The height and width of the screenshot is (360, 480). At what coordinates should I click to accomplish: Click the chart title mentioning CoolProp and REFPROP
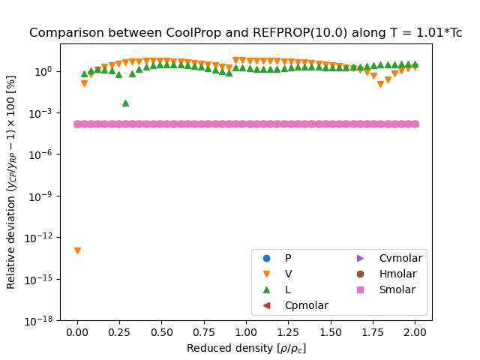click(x=245, y=33)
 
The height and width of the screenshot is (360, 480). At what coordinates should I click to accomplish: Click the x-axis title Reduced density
click(x=246, y=348)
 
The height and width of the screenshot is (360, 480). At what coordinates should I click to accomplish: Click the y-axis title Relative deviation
click(x=11, y=181)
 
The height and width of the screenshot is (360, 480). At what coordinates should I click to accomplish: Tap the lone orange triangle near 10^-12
click(x=77, y=250)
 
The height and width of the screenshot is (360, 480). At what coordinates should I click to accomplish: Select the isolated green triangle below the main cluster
click(x=125, y=103)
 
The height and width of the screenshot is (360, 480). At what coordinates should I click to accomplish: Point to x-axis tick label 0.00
click(x=77, y=331)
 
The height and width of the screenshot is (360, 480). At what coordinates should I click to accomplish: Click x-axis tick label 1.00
click(x=246, y=331)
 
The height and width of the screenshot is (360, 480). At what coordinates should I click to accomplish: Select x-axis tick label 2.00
click(x=415, y=331)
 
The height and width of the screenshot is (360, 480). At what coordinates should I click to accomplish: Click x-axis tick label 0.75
click(x=204, y=331)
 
